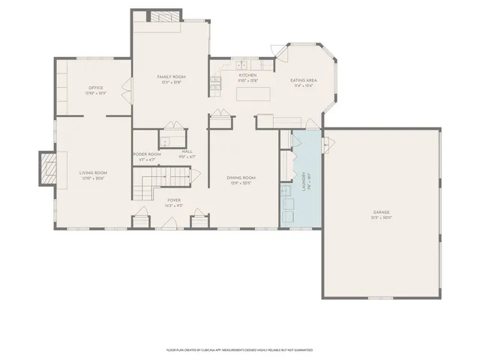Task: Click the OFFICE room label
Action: tap(95, 88)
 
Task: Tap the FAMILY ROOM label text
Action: tap(171, 77)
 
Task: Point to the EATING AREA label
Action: tap(304, 80)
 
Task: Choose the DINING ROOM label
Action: tap(241, 177)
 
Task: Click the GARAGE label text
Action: tap(382, 212)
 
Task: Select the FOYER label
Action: tap(174, 201)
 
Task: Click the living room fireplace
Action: tap(48, 168)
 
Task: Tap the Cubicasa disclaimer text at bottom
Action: tap(239, 350)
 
